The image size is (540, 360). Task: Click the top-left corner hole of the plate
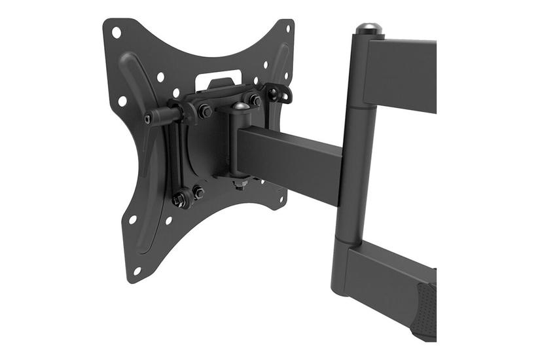[116, 31]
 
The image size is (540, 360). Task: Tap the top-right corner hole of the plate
[285, 29]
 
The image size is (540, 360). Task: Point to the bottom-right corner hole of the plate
[279, 197]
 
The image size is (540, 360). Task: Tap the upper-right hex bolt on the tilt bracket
[254, 100]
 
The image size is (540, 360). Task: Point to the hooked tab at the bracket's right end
[282, 94]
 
